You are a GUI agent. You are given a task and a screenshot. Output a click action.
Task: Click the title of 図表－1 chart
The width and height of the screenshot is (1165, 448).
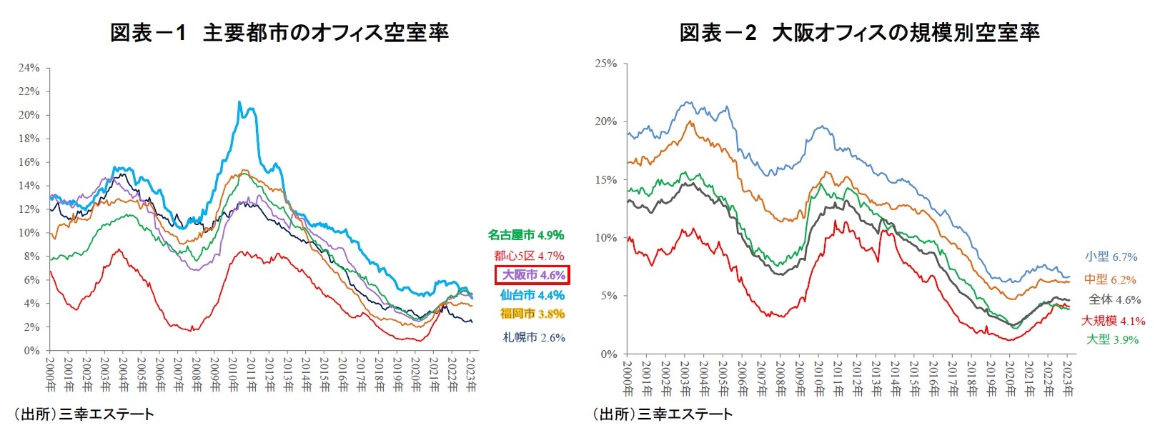pyautogui.click(x=279, y=33)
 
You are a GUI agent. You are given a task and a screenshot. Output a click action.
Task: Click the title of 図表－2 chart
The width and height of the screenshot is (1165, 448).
pyautogui.click(x=859, y=33)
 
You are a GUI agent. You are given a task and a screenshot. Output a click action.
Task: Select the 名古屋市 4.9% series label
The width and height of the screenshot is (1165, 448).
pyautogui.click(x=525, y=235)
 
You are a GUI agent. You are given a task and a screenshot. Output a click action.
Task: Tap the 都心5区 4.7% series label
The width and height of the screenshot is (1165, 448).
pyautogui.click(x=528, y=256)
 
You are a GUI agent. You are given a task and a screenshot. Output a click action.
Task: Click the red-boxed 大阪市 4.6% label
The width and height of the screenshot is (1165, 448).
pyautogui.click(x=533, y=275)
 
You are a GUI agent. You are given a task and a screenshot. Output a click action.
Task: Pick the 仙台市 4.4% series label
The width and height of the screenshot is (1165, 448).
pyautogui.click(x=532, y=295)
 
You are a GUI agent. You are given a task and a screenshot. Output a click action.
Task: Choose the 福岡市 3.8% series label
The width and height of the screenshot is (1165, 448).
pyautogui.click(x=532, y=314)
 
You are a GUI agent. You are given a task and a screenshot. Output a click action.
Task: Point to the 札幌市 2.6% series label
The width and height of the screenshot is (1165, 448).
pyautogui.click(x=534, y=337)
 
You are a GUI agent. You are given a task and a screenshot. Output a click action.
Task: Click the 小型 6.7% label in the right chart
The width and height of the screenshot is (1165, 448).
pyautogui.click(x=1111, y=257)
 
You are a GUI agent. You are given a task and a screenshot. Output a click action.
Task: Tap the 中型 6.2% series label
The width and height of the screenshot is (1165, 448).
pyautogui.click(x=1109, y=279)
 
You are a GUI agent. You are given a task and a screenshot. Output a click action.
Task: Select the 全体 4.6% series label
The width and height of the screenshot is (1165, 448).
pyautogui.click(x=1114, y=300)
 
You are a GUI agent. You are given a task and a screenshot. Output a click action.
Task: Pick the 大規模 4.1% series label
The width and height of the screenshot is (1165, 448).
pyautogui.click(x=1113, y=321)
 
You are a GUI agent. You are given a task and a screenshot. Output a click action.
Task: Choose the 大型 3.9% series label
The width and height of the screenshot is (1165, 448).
pyautogui.click(x=1112, y=340)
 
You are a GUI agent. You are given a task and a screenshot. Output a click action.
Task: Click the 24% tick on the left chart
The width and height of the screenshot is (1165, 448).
pyautogui.click(x=29, y=68)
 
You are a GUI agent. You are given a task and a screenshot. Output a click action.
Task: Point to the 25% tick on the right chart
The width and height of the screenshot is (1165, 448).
pyautogui.click(x=606, y=64)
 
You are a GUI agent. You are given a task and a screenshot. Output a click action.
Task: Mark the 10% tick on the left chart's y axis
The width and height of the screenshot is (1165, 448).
pyautogui.click(x=29, y=233)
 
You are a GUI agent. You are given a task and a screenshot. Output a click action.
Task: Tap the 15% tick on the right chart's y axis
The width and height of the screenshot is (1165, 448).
pyautogui.click(x=606, y=180)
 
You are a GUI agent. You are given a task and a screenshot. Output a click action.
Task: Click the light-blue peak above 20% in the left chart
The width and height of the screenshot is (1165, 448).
pyautogui.click(x=239, y=102)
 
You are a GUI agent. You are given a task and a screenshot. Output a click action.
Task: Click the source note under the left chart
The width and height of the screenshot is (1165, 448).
pyautogui.click(x=84, y=414)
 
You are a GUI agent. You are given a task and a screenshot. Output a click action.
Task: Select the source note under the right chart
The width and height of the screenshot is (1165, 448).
pyautogui.click(x=662, y=414)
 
